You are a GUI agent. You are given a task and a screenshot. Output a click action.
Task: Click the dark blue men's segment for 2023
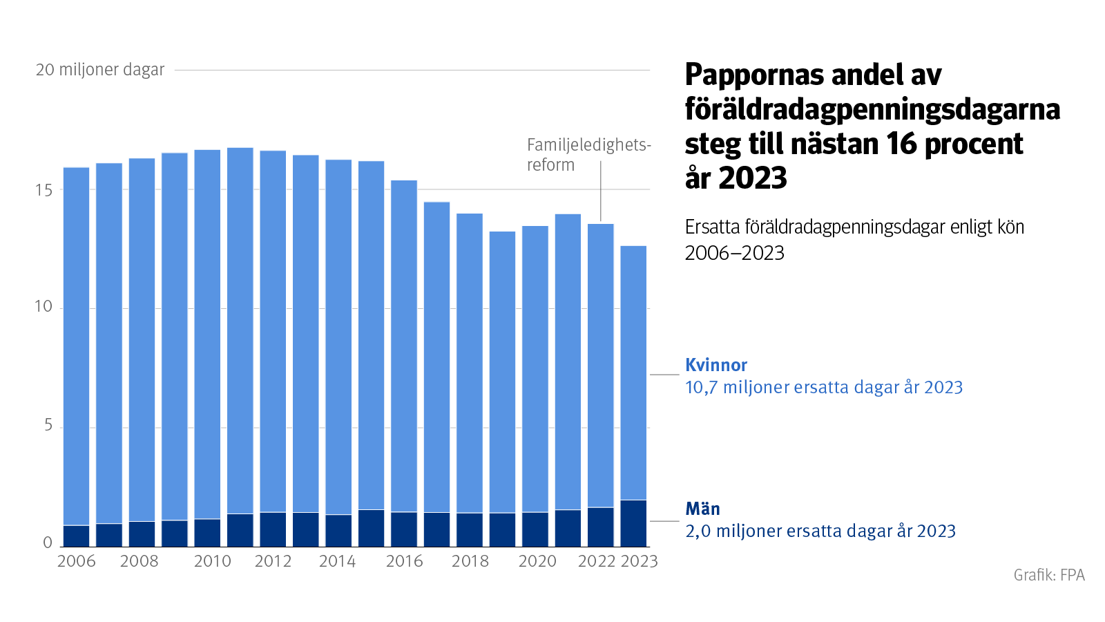click(x=633, y=523)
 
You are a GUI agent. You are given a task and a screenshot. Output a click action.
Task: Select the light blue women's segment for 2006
click(x=76, y=346)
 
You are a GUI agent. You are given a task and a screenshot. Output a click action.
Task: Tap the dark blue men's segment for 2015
click(x=372, y=528)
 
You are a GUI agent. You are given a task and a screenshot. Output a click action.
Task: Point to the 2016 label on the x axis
click(x=404, y=561)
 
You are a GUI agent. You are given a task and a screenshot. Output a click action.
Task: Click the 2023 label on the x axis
click(x=640, y=561)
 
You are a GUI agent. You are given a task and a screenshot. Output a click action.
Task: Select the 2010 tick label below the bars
click(x=212, y=561)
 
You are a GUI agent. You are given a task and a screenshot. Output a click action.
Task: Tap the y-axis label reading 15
click(x=43, y=190)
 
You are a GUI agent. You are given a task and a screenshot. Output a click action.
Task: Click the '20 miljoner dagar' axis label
click(x=100, y=70)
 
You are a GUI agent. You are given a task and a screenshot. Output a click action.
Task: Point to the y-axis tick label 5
click(x=48, y=426)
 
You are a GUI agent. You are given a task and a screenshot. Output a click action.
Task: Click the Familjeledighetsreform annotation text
click(x=588, y=155)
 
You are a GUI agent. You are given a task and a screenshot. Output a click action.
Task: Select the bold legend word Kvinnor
click(x=716, y=365)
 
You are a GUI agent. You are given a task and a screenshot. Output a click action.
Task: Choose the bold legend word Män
click(x=702, y=509)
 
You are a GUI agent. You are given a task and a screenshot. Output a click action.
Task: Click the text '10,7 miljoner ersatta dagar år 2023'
click(x=823, y=387)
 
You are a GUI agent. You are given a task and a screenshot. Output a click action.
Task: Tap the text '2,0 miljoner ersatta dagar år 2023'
click(x=820, y=531)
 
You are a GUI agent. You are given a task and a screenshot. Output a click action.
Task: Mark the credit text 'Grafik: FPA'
click(x=1048, y=575)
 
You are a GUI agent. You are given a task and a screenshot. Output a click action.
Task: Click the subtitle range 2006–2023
click(x=734, y=253)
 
